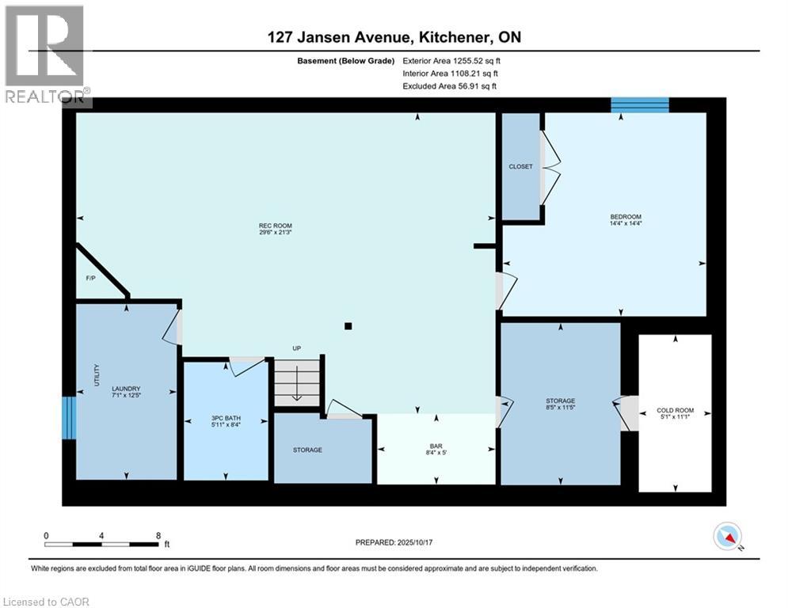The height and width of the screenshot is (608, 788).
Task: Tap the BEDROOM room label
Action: (x=625, y=217)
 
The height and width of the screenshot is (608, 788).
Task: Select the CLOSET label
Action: (x=520, y=167)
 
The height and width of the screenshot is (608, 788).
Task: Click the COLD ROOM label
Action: (x=675, y=410)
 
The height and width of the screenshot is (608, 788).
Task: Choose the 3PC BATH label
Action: (x=225, y=418)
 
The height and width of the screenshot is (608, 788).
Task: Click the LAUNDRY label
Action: (x=126, y=388)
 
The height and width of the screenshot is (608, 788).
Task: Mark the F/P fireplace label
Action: (x=90, y=279)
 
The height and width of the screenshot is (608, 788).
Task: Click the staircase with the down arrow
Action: (x=298, y=382)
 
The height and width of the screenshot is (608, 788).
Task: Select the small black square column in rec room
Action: (x=348, y=325)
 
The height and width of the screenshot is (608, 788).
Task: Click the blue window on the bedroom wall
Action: (x=640, y=105)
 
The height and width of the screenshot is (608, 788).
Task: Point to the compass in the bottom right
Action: (x=727, y=537)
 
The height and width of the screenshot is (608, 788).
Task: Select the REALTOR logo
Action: (x=45, y=54)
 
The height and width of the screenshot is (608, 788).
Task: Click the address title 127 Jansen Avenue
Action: (x=394, y=37)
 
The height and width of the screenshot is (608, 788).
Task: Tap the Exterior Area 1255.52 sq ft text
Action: (x=451, y=60)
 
